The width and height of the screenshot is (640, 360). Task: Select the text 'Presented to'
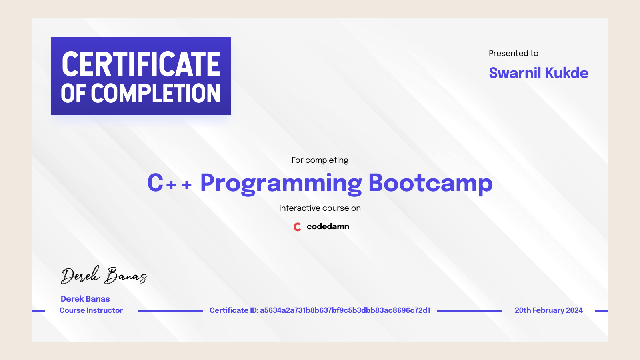[x=513, y=53]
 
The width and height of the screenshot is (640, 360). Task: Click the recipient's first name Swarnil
[x=515, y=73]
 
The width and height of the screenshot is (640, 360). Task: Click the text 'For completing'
[x=320, y=160]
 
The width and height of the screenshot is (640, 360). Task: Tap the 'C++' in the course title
[x=169, y=183]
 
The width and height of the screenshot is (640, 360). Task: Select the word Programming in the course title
[x=281, y=183]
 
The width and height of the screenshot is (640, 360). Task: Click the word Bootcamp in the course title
[x=430, y=183]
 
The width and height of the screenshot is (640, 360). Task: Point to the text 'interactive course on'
[x=320, y=208]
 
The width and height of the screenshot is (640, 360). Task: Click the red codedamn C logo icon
[x=297, y=227]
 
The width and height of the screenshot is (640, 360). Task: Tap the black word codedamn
[x=328, y=226]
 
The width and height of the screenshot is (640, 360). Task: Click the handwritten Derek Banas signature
[x=104, y=275]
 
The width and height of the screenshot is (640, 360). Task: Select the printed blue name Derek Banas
[x=85, y=299]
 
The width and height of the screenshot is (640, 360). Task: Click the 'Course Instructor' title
[x=91, y=310]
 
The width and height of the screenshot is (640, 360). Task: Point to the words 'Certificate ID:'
[x=234, y=310]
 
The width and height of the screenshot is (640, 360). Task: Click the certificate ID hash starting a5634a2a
[x=345, y=310]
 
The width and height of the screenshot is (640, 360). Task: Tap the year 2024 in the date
[x=574, y=310]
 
